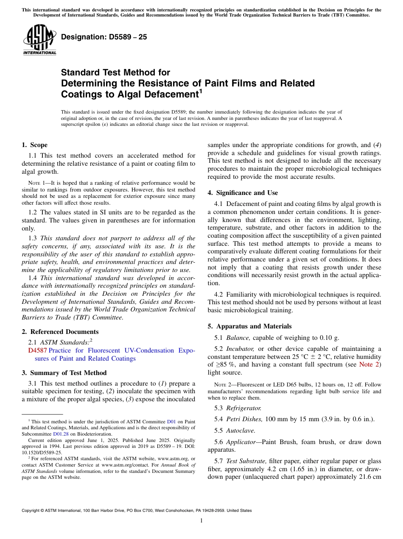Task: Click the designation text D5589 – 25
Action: click(x=104, y=37)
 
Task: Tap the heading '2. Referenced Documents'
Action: click(x=60, y=332)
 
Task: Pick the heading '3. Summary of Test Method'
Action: click(x=64, y=373)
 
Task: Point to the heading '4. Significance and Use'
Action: click(x=243, y=193)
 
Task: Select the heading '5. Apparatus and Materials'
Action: click(x=249, y=326)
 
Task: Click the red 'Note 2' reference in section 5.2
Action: click(x=369, y=364)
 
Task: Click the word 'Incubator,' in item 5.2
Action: click(x=240, y=349)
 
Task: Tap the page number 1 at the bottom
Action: click(x=201, y=521)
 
